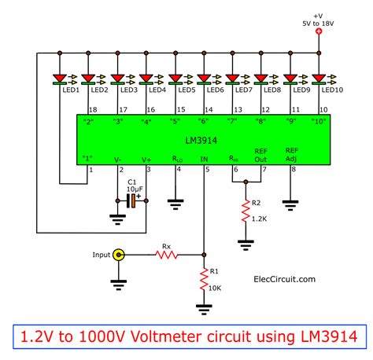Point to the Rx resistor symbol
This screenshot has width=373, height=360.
tap(166, 255)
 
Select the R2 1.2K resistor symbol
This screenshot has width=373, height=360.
tap(246, 210)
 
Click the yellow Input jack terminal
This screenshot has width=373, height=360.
tap(119, 255)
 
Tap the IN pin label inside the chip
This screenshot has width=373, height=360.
tap(205, 159)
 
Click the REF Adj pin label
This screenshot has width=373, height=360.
tap(291, 155)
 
